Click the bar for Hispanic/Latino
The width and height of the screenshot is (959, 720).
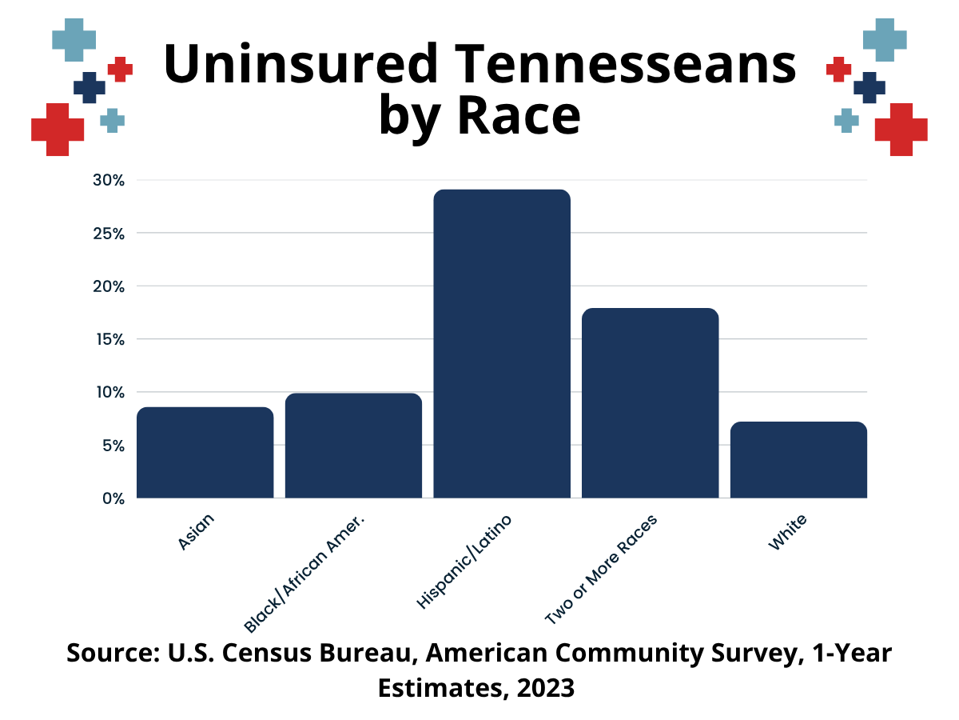pos(502,344)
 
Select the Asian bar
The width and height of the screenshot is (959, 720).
pos(205,453)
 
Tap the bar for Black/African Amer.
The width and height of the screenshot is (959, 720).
pos(353,446)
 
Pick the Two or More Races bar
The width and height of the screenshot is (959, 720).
pos(650,403)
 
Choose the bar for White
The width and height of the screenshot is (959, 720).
pos(798,460)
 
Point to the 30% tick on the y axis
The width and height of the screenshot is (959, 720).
pos(109,181)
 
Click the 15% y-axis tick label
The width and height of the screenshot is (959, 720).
pos(109,339)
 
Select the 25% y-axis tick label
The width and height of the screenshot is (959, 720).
pos(109,234)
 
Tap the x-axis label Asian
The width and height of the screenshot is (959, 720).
pos(196,533)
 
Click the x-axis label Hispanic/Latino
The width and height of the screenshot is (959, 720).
pos(464,562)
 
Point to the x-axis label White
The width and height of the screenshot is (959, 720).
pos(788,533)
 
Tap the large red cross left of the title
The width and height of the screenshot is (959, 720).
pos(58,130)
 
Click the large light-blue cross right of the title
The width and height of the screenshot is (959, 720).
pos(885,38)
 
